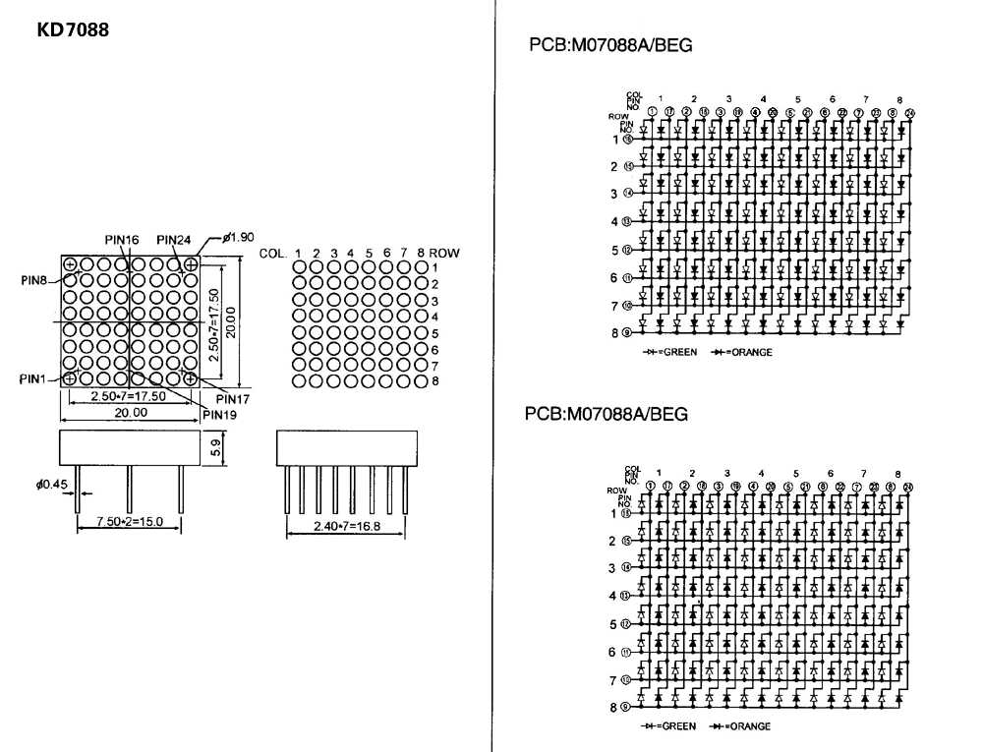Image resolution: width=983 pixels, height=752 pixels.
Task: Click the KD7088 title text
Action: click(x=73, y=30)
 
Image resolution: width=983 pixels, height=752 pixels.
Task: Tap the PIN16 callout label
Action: click(x=122, y=240)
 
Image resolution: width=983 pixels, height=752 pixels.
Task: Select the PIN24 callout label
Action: click(x=173, y=240)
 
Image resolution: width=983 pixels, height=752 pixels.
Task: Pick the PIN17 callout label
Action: click(x=232, y=399)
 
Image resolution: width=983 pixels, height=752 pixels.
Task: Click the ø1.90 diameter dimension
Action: click(x=239, y=237)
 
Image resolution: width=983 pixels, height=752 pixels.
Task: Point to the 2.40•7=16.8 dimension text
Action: click(x=333, y=526)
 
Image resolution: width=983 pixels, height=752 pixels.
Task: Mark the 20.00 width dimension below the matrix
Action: click(x=131, y=413)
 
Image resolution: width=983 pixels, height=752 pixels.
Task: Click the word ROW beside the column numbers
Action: click(x=444, y=253)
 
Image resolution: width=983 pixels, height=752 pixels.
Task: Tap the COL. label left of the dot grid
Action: click(x=272, y=253)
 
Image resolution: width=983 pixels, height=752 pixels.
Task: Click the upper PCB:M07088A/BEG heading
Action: click(x=609, y=43)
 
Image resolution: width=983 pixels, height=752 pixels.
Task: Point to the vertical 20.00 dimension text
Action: click(x=232, y=320)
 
